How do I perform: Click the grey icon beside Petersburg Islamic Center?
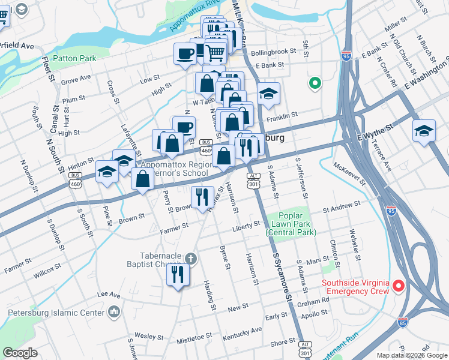[113, 312]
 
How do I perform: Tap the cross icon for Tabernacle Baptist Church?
[190, 259]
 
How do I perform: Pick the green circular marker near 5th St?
[313, 83]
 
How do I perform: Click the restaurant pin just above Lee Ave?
[178, 275]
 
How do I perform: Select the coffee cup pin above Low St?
[184, 54]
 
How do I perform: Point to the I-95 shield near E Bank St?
[346, 56]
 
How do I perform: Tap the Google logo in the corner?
[19, 353]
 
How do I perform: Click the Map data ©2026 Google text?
[412, 355]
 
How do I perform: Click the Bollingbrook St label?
[274, 52]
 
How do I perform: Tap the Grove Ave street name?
[76, 79]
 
